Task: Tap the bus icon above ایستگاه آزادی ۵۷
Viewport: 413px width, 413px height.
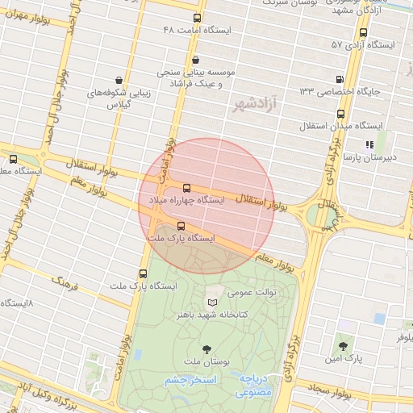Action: click(x=363, y=33)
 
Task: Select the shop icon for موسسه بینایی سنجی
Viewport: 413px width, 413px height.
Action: click(x=196, y=59)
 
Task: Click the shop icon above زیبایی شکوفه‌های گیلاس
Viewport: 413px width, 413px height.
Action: click(x=119, y=80)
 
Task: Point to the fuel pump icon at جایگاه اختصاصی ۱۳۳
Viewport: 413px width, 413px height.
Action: click(x=339, y=79)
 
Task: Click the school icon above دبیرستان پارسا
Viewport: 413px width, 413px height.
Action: click(x=369, y=144)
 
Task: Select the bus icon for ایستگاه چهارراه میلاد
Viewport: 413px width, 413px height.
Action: click(x=187, y=186)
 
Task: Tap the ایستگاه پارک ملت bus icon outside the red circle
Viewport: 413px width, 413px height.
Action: click(x=143, y=273)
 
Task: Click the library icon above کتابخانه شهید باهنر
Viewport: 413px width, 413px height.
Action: click(x=213, y=301)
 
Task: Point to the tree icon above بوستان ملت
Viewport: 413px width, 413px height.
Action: click(x=208, y=348)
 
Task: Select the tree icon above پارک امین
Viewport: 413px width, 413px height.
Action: click(x=343, y=344)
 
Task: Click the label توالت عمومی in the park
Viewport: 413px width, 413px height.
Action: click(x=252, y=292)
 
